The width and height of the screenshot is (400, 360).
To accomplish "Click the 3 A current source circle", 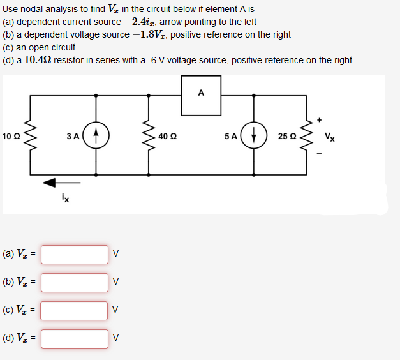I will pyautogui.click(x=96, y=135).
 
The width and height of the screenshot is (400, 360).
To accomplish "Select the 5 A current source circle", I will pyautogui.click(x=254, y=135).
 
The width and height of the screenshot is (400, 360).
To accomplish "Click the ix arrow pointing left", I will pyautogui.click(x=57, y=183).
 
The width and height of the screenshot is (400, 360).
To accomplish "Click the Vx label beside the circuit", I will pyautogui.click(x=329, y=135).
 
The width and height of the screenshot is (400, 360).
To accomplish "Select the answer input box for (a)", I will pyautogui.click(x=75, y=254).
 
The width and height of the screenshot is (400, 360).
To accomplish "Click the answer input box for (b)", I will pyautogui.click(x=75, y=282).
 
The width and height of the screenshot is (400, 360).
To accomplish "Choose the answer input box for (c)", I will pyautogui.click(x=75, y=310).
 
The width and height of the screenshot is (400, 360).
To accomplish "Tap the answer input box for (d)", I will pyautogui.click(x=75, y=338).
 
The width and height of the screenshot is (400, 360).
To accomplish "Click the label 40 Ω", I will pyautogui.click(x=168, y=135).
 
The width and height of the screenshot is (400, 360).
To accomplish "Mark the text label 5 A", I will pyautogui.click(x=230, y=135).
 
